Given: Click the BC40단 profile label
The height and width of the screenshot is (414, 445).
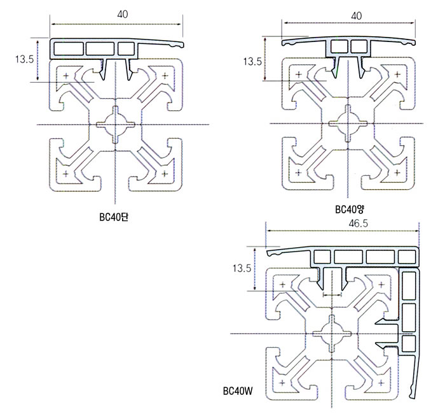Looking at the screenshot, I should (x=115, y=217).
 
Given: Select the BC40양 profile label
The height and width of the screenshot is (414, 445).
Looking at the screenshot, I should (x=348, y=208).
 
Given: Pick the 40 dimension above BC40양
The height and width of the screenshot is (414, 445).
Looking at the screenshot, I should (x=356, y=14).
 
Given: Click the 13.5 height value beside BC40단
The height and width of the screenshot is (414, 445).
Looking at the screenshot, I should (x=24, y=59).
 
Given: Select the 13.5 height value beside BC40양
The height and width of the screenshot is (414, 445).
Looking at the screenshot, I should (x=252, y=62).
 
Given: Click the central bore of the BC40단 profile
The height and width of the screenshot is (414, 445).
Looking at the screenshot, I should (x=116, y=124).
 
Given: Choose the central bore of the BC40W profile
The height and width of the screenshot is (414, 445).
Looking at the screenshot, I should (x=332, y=333).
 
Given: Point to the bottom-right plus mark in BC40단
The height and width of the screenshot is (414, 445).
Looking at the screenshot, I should (x=165, y=173).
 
